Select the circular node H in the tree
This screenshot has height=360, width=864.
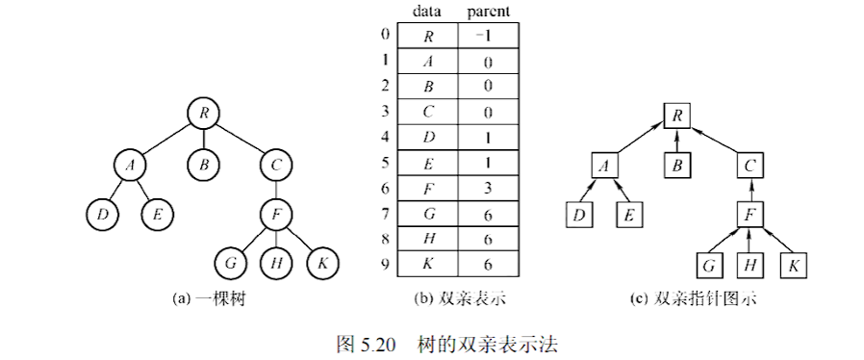tap(277, 262)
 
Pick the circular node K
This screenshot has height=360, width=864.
tap(323, 262)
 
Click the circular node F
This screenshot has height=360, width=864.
tap(277, 214)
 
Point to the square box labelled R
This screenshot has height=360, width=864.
tap(678, 117)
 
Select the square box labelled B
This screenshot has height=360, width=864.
tap(678, 165)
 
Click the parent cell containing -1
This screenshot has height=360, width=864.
tap(489, 36)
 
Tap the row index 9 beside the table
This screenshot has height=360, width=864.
tap(385, 261)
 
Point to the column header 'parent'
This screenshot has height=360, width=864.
tap(489, 12)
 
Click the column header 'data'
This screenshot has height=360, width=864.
tap(427, 12)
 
